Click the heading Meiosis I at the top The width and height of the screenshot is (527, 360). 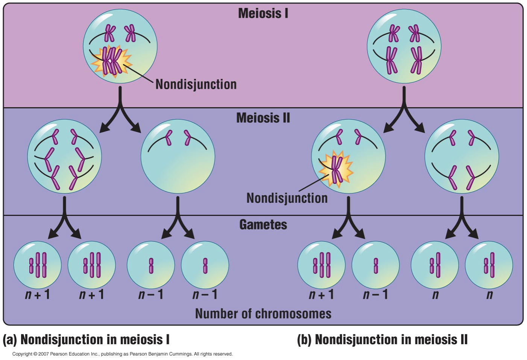pos(263,14)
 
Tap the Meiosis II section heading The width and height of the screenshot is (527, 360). pos(263,118)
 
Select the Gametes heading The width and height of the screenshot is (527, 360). pos(263,225)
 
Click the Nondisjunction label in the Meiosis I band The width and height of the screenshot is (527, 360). pos(196,84)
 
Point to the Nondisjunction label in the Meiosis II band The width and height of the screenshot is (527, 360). pos(287,198)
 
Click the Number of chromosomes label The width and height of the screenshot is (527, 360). pos(263,313)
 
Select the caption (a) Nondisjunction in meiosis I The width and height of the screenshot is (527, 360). pos(86,339)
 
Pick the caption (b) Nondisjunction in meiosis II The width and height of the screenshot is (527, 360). pos(382,339)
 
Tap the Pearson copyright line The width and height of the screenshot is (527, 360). pos(122,354)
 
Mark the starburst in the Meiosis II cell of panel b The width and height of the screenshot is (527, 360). pos(336,169)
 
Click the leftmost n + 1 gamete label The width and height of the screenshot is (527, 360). pos(37,294)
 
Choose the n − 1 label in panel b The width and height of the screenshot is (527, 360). pos(375,294)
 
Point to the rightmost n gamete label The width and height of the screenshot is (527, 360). pos(489,294)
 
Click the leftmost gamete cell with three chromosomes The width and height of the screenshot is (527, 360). pos(37,265)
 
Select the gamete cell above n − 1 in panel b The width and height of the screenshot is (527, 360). pos(375,265)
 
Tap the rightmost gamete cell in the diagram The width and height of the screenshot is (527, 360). pos(489,265)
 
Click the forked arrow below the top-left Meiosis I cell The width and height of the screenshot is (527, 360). pos(120,111)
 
